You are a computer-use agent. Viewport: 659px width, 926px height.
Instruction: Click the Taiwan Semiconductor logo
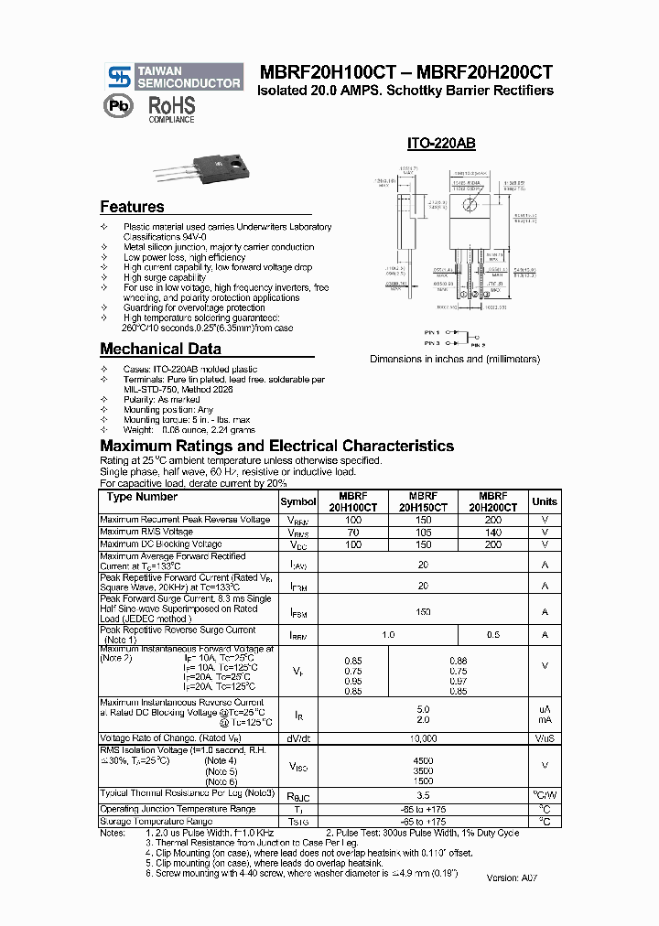pyautogui.click(x=173, y=77)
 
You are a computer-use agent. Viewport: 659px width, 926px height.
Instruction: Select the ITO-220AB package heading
pyautogui.click(x=440, y=145)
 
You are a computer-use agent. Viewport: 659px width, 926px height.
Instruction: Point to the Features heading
pyautogui.click(x=132, y=207)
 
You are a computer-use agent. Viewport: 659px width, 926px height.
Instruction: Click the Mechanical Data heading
pyautogui.click(x=160, y=349)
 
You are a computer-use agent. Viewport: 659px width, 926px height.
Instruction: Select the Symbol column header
pyautogui.click(x=297, y=501)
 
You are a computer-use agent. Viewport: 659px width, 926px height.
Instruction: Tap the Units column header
pyautogui.click(x=544, y=501)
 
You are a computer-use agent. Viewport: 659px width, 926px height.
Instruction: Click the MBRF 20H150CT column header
pyautogui.click(x=423, y=501)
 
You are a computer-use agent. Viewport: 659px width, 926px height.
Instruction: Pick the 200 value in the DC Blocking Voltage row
pyautogui.click(x=493, y=544)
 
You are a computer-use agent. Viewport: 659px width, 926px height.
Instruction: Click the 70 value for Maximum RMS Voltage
pyautogui.click(x=352, y=532)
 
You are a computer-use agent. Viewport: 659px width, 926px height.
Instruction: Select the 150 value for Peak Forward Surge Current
pyautogui.click(x=423, y=611)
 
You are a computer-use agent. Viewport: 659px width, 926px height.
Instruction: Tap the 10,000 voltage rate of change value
pyautogui.click(x=423, y=738)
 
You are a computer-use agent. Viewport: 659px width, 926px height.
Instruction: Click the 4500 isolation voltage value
pyautogui.click(x=423, y=760)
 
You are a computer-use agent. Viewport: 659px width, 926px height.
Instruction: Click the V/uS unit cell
pyautogui.click(x=545, y=738)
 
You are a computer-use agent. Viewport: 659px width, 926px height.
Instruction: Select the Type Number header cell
pyautogui.click(x=142, y=497)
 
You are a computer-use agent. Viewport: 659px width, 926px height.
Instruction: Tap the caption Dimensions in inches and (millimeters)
pyautogui.click(x=455, y=360)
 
